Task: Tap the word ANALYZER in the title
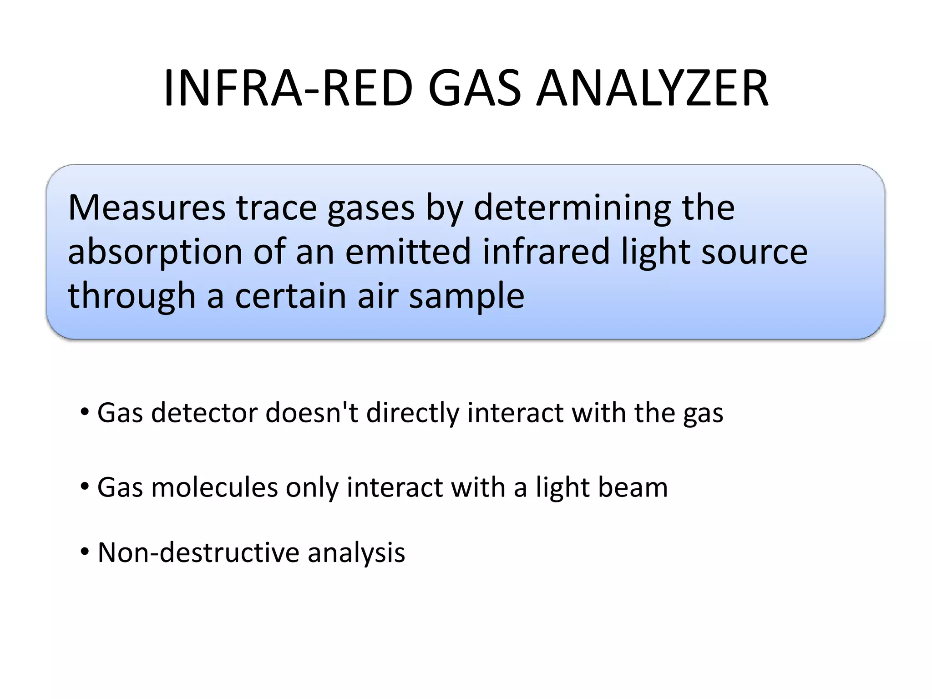[653, 89]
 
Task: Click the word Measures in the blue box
[146, 208]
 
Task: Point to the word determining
[572, 208]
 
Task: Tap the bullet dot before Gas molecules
[85, 487]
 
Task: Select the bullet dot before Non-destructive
[85, 552]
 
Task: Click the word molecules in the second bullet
[214, 487]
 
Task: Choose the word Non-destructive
[198, 552]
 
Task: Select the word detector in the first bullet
[204, 413]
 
